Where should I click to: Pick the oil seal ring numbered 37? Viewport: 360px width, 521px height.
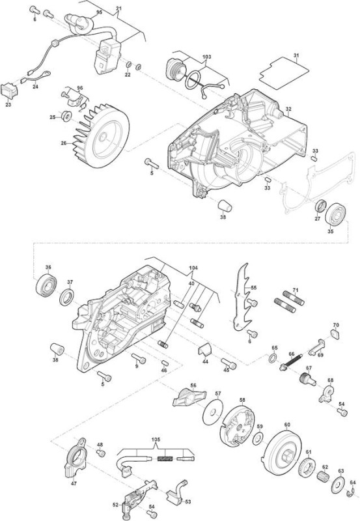[67, 297]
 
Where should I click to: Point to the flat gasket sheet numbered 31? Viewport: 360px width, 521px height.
[284, 73]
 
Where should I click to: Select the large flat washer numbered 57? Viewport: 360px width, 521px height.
[213, 412]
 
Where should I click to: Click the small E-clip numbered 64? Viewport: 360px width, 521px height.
[351, 494]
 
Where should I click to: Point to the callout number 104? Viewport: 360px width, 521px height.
[193, 268]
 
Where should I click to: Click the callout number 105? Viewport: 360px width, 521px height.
[156, 440]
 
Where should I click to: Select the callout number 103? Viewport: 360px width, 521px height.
[206, 57]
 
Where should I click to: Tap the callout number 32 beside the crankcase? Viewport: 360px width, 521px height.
[288, 109]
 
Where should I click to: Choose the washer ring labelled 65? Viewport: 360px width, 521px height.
[273, 358]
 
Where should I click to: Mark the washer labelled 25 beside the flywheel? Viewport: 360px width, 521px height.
[67, 117]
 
